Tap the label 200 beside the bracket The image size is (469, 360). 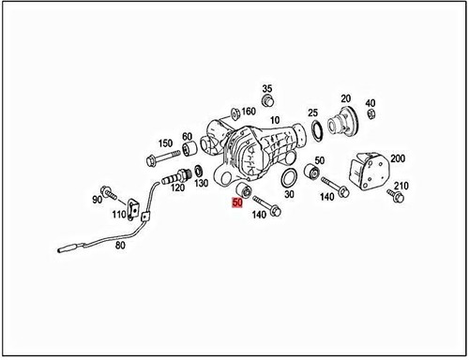399,158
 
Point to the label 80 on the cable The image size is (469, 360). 119,247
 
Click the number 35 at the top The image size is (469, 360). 266,87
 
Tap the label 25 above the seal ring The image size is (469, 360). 312,112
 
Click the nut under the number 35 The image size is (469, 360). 267,100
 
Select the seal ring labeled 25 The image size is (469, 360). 316,128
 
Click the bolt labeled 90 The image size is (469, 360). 113,197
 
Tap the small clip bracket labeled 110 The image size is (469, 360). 137,209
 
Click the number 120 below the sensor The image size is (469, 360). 175,187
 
